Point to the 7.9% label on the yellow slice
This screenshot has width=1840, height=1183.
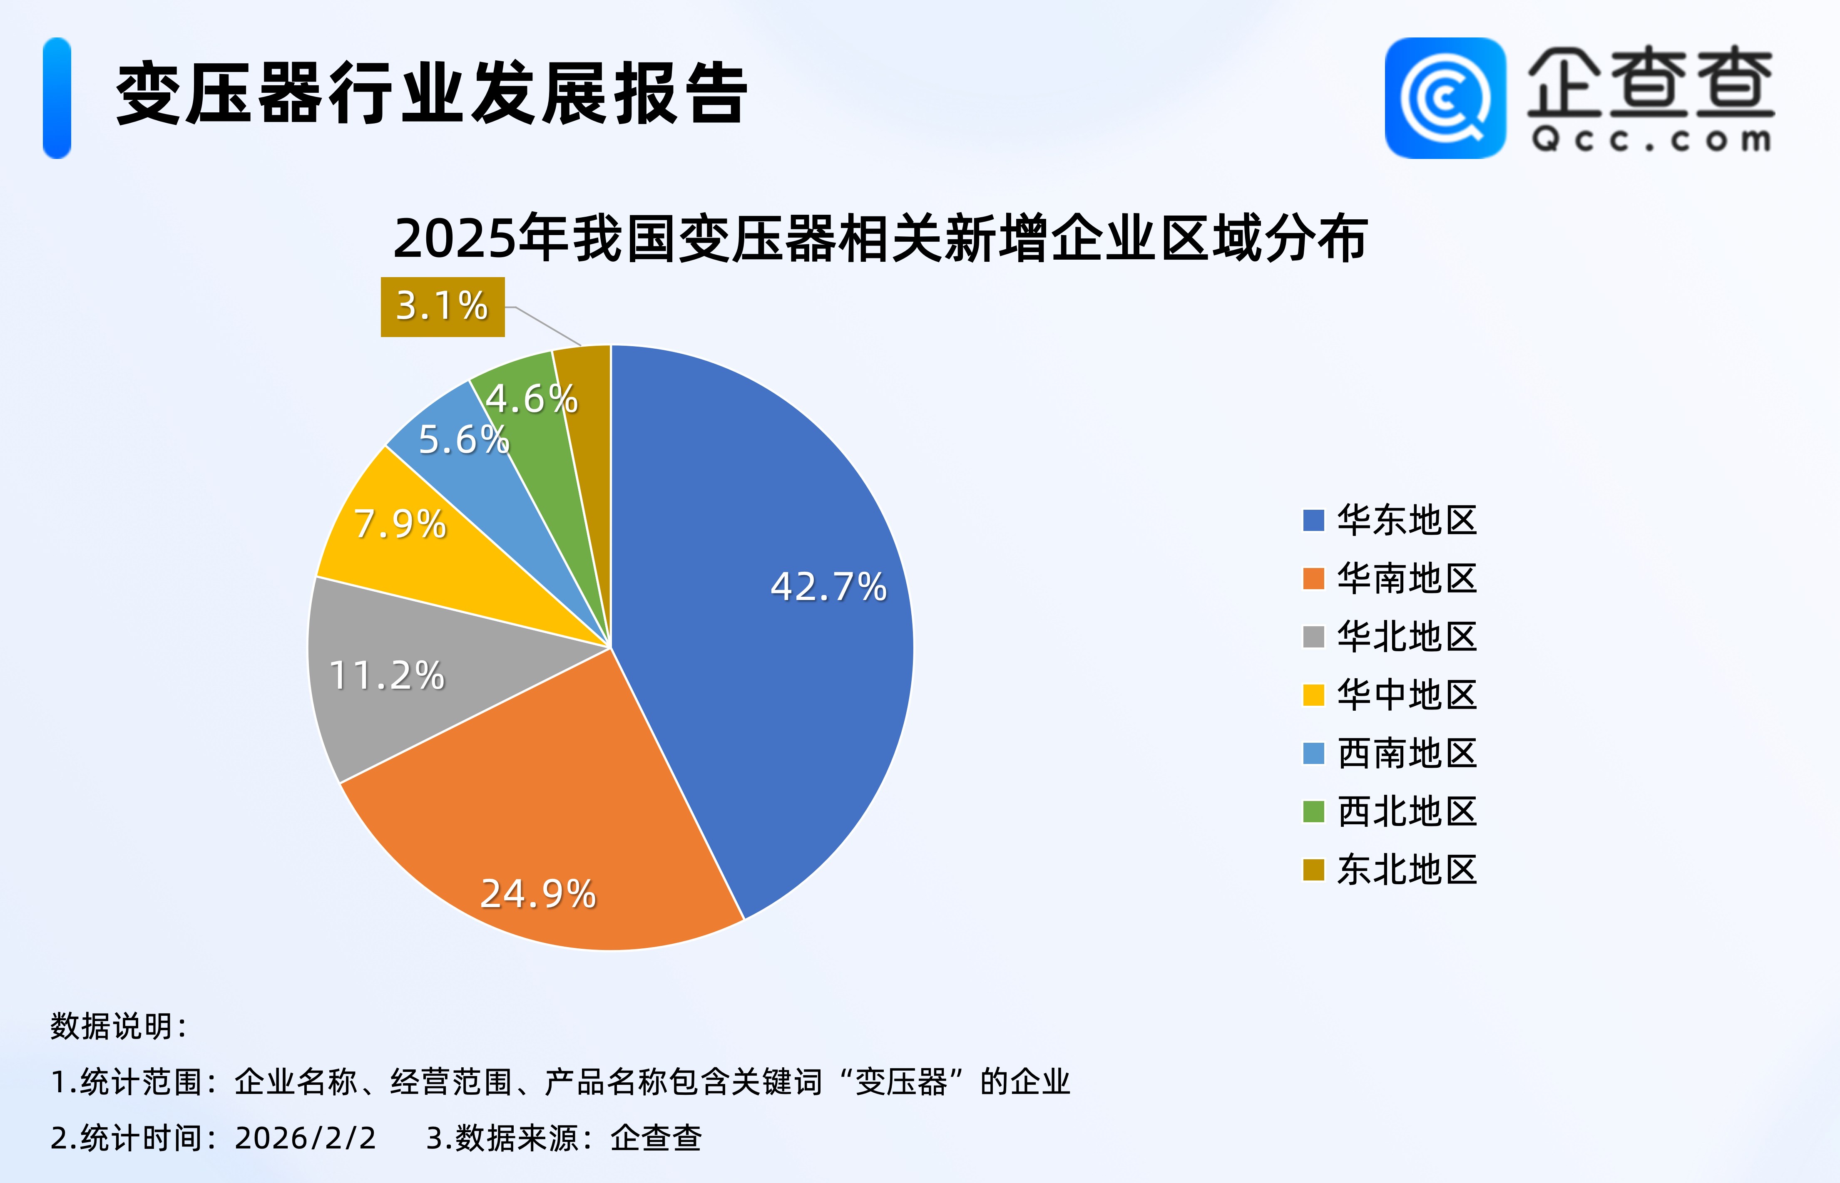400,525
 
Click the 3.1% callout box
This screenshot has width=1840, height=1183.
443,307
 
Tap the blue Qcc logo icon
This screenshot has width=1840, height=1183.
1445,98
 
